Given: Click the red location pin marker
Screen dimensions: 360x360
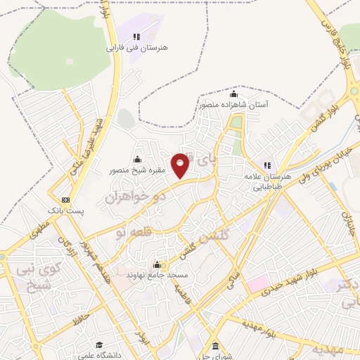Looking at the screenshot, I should [181, 165].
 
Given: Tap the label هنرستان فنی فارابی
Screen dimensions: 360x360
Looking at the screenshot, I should [137, 49].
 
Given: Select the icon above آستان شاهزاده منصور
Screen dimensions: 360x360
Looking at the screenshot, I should [233, 94].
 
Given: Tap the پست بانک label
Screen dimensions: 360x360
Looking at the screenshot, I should [65, 210].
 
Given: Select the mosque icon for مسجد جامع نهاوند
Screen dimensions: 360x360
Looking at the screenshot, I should [156, 265].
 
